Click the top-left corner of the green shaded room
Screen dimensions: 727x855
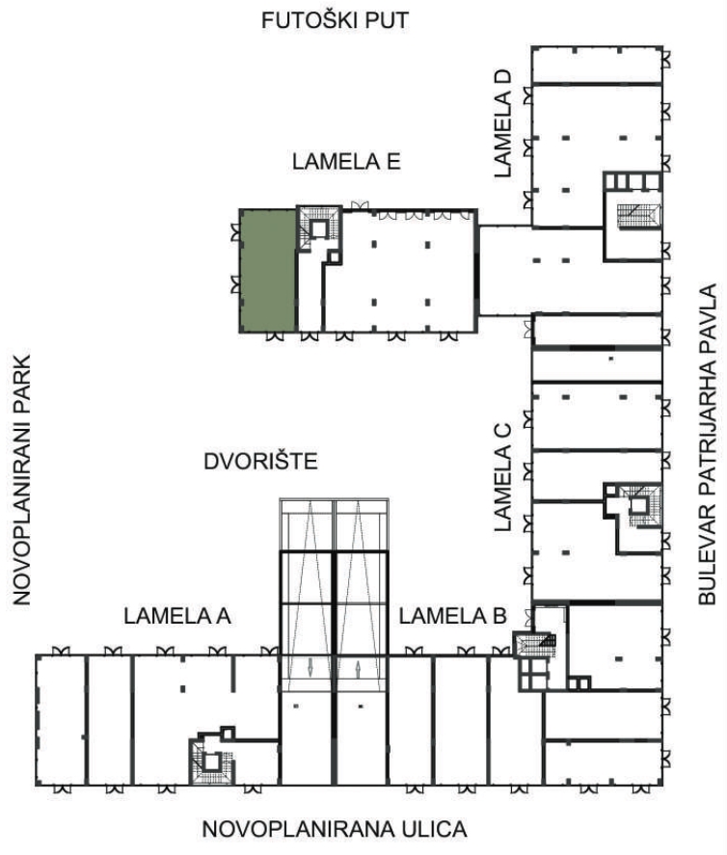[241, 210]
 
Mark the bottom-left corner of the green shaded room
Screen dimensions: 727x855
[241, 331]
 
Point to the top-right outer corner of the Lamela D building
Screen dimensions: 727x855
[662, 47]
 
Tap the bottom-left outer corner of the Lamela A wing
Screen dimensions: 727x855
[37, 785]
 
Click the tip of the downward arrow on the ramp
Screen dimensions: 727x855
[310, 677]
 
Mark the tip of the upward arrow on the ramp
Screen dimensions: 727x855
[358, 661]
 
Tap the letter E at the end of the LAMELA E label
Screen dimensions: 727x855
[394, 161]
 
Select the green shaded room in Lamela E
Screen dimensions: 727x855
[269, 271]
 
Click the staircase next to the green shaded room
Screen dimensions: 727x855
[318, 227]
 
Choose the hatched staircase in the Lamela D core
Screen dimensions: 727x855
[638, 215]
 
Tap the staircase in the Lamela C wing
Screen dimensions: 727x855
[639, 505]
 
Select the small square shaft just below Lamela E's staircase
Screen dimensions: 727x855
[334, 256]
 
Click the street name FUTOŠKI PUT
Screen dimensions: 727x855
[335, 20]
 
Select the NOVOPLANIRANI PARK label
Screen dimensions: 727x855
[22, 480]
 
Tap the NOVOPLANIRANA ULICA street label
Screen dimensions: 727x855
[335, 829]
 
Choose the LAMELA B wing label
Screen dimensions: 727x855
[452, 616]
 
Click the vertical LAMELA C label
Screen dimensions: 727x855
[503, 477]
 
